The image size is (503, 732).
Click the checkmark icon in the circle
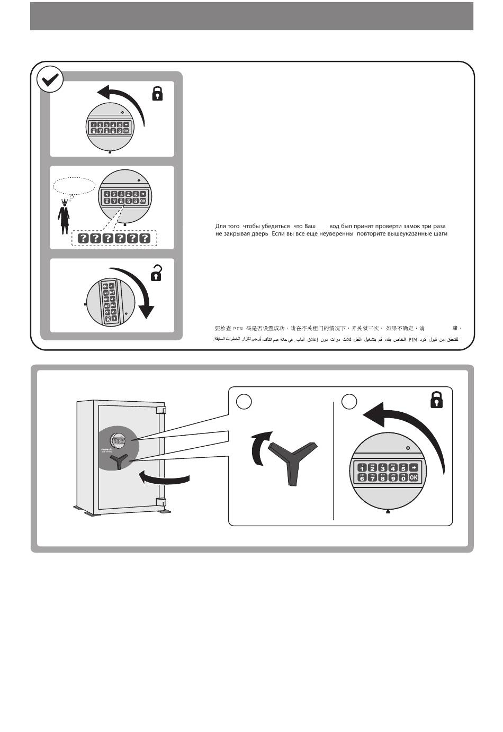coord(50,80)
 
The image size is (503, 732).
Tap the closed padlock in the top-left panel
coord(157,94)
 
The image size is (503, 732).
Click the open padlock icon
coord(156,273)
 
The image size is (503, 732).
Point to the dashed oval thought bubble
coord(74,186)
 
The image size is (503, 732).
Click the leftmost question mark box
coord(83,238)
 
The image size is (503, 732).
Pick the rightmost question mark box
coord(144,238)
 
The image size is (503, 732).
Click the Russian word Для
coord(221,226)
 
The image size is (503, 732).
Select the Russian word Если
coord(279,233)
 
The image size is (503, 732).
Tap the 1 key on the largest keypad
coord(362,468)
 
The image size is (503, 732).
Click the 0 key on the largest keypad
coord(403,478)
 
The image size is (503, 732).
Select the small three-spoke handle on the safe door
coord(120,460)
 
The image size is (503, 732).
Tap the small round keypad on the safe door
coord(118,439)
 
